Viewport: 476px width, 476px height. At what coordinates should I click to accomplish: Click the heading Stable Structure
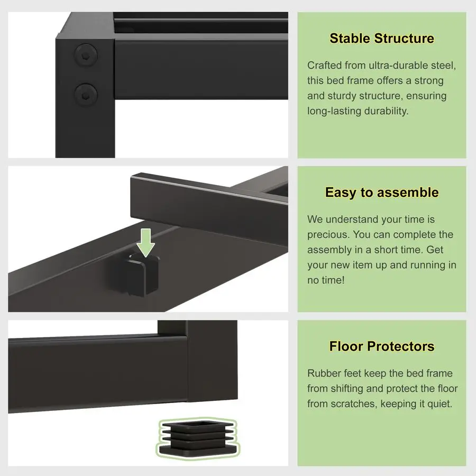(381, 39)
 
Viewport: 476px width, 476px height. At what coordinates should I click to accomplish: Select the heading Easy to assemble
(381, 193)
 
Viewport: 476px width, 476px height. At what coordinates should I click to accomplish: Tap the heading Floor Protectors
(381, 347)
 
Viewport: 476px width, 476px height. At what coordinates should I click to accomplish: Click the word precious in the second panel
(328, 234)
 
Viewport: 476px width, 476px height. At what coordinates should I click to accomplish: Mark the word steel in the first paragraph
(443, 66)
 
